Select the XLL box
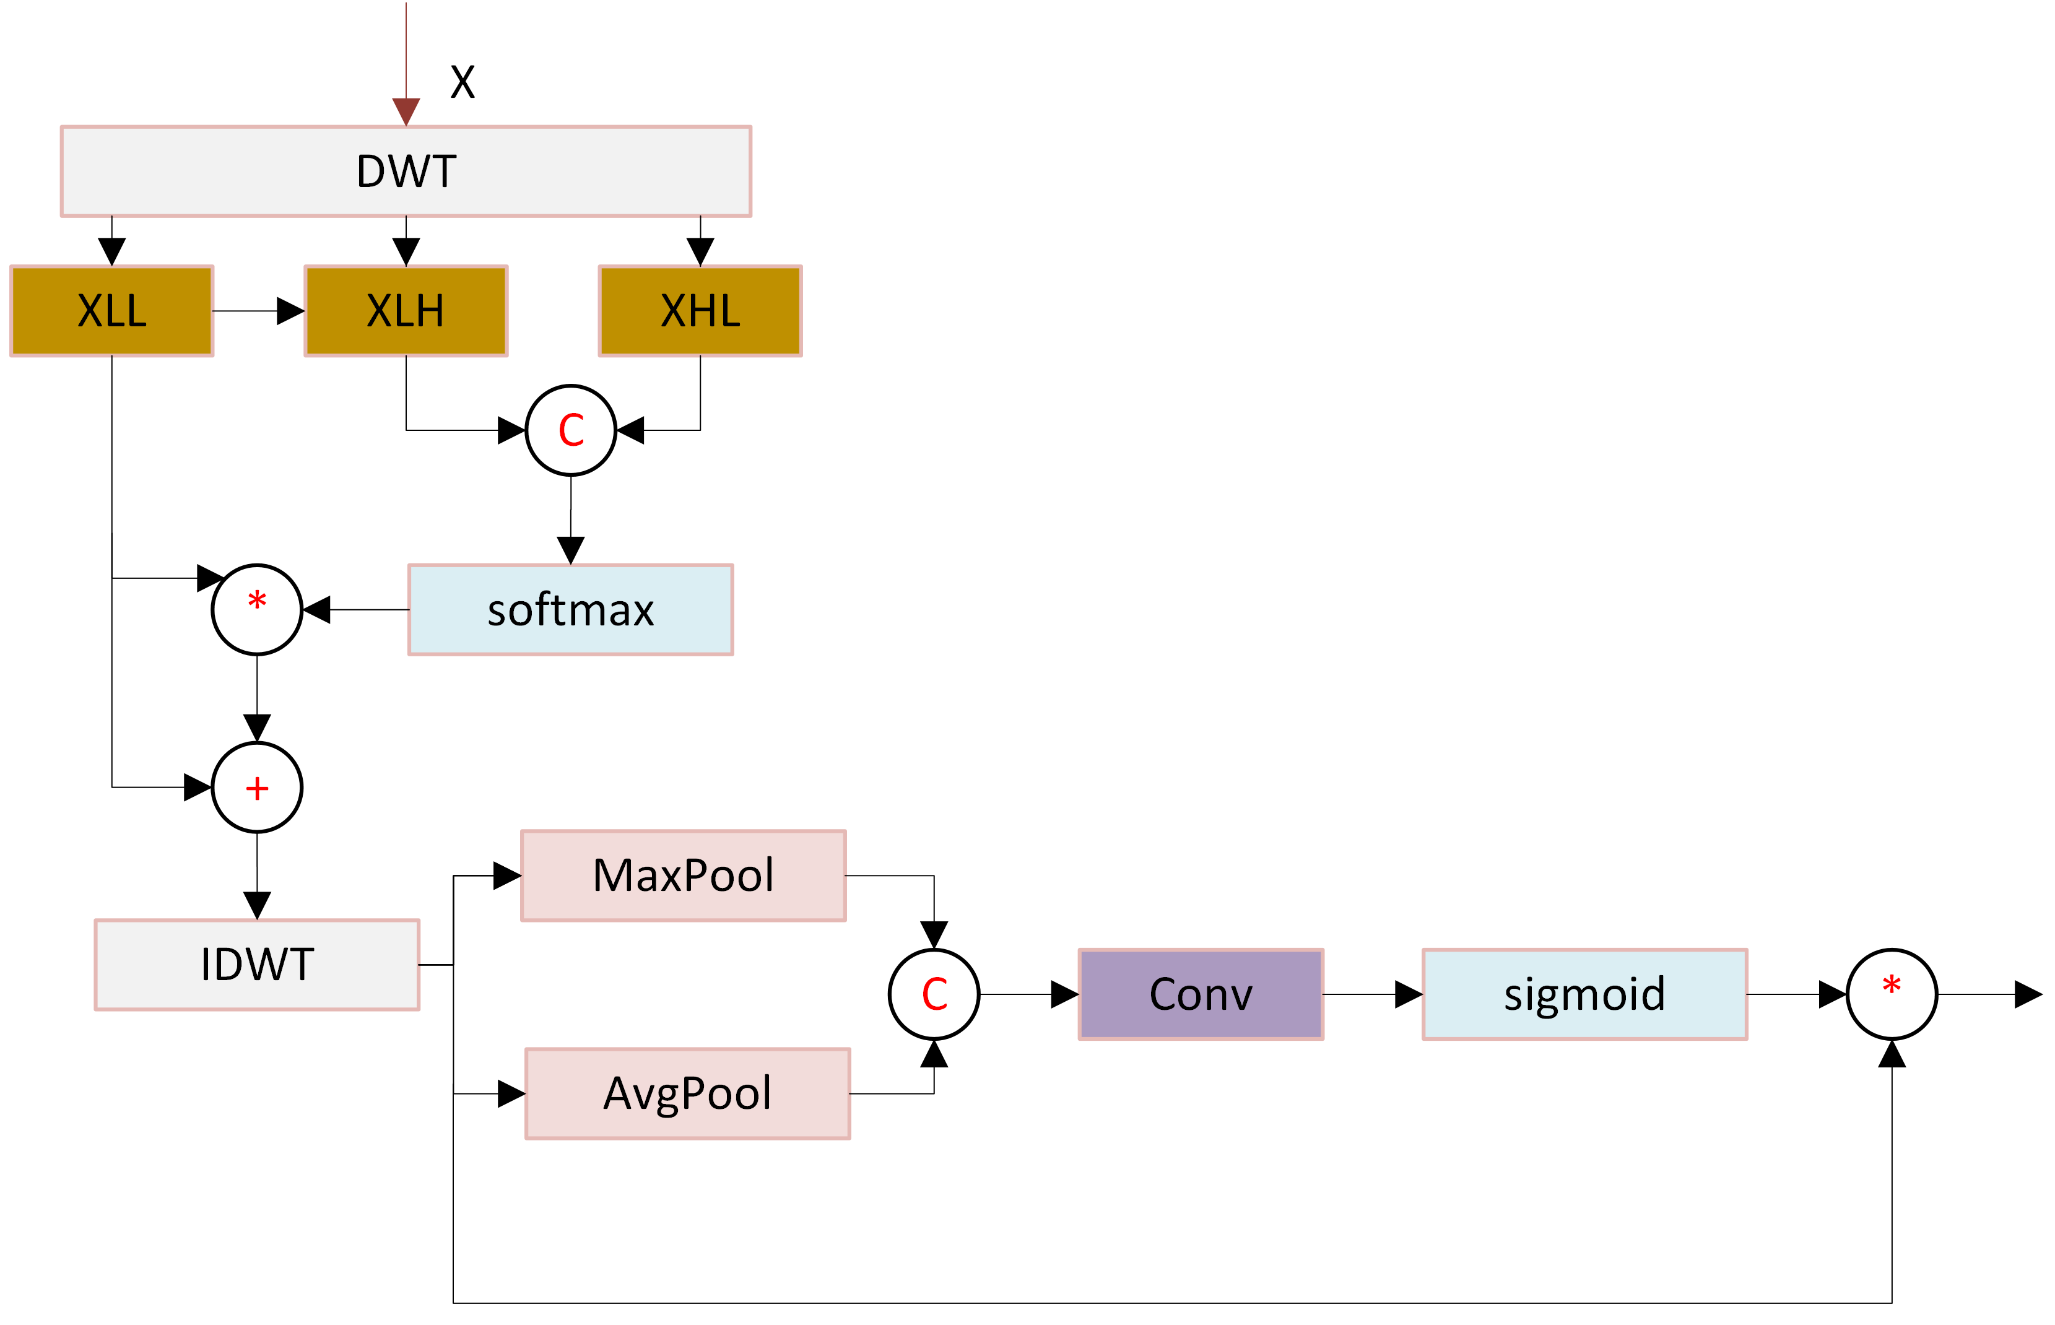112,311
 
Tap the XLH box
406,311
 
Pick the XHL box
700,311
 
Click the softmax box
570,610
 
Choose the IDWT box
257,965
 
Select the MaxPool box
683,876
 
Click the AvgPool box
687,1093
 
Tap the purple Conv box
1201,994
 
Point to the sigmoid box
1584,994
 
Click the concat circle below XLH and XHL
571,430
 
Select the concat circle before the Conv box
934,994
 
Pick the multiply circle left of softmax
257,610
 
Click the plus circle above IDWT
257,787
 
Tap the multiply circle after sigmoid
1892,994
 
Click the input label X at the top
463,82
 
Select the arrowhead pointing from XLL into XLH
291,311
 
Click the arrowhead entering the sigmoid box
1408,994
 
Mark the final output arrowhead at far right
2028,994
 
